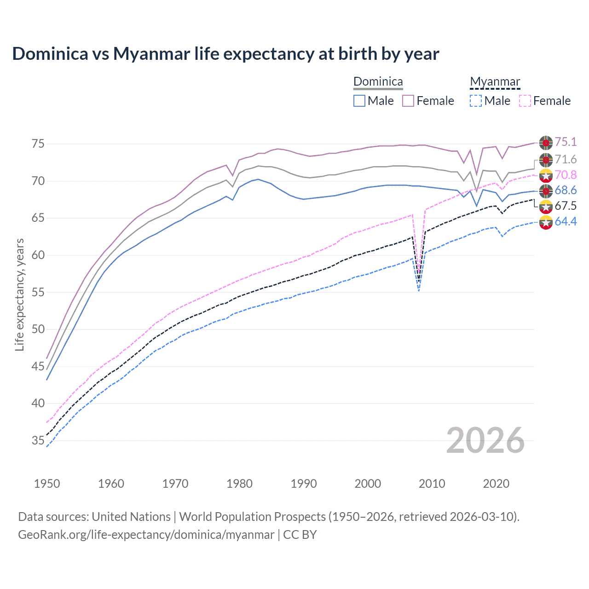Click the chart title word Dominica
(50, 54)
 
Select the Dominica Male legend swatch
(359, 101)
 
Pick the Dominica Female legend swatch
(408, 101)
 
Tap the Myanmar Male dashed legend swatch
(476, 101)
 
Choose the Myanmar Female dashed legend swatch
(525, 101)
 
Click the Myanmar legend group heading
(495, 82)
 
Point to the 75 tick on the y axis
(38, 144)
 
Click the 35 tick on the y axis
(38, 441)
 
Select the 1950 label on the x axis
(47, 484)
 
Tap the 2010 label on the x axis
(432, 484)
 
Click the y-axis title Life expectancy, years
(19, 294)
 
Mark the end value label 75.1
(566, 142)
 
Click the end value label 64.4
(566, 221)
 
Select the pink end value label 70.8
(566, 175)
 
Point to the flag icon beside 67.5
(546, 206)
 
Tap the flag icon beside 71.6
(546, 160)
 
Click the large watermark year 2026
(485, 440)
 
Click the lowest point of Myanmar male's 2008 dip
(418, 291)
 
